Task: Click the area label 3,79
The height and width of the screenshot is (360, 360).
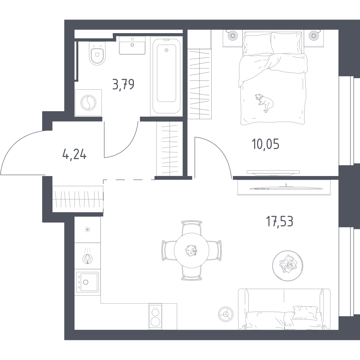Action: coord(123,85)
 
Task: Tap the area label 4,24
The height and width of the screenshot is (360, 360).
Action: coord(75,154)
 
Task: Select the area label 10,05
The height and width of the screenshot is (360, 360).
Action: coord(265,144)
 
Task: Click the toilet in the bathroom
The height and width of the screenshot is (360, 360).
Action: coord(97,55)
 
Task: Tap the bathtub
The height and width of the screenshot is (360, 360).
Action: coord(166,76)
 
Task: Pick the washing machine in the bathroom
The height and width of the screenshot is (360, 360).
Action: coord(89,103)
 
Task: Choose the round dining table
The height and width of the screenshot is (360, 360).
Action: coord(192,250)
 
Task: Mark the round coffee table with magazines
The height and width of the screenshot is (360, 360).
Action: coord(287,265)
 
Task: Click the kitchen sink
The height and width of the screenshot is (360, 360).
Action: coord(87,282)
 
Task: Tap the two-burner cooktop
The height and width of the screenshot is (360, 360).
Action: coord(155,317)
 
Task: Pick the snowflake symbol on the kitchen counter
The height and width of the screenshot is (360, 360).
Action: coord(87,230)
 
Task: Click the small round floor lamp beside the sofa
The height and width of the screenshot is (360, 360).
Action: coord(226,314)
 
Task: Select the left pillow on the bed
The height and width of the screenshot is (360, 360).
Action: coord(258,44)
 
